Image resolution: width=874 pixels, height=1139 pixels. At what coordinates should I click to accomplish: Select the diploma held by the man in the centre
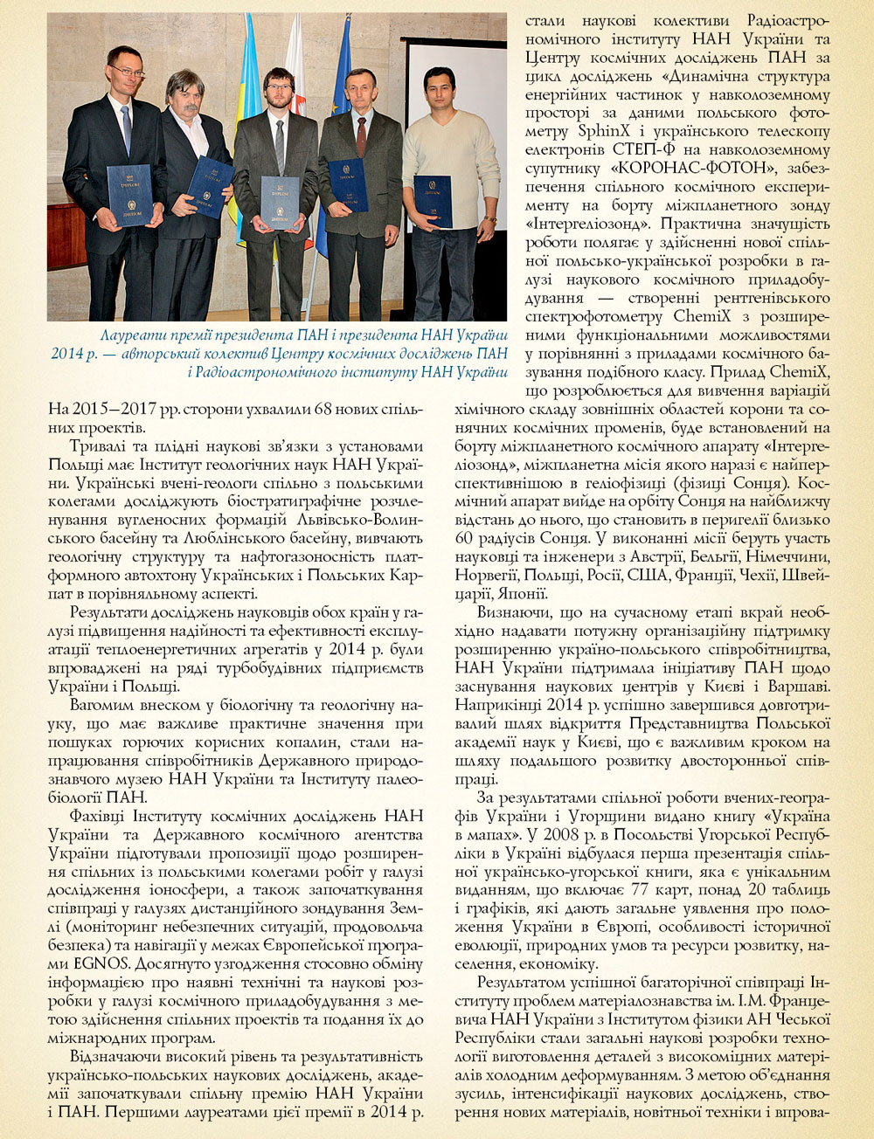coord(280,202)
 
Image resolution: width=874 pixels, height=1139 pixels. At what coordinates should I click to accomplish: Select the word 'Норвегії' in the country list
coord(485,575)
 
